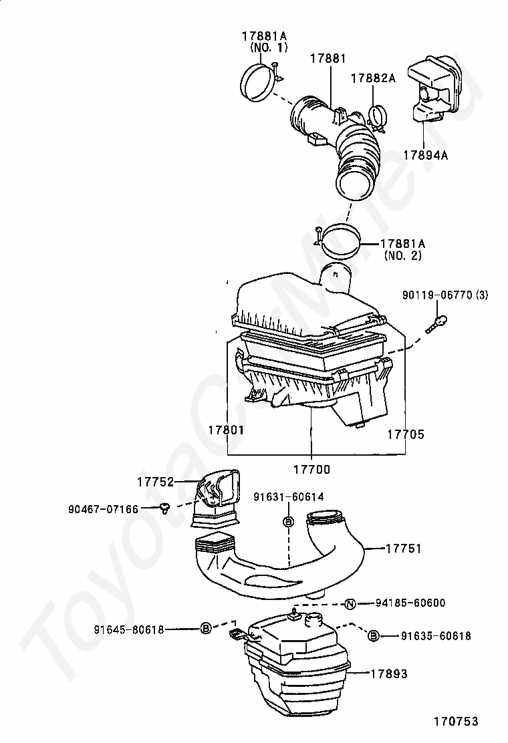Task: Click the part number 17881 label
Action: pyautogui.click(x=328, y=59)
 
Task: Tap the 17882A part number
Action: pyautogui.click(x=374, y=78)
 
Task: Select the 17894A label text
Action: pyautogui.click(x=425, y=155)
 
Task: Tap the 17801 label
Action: pyautogui.click(x=225, y=431)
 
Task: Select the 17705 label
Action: pyautogui.click(x=406, y=434)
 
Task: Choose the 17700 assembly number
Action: pyautogui.click(x=311, y=470)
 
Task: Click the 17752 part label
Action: pyautogui.click(x=156, y=482)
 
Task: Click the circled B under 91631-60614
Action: pyautogui.click(x=288, y=521)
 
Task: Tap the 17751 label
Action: pyautogui.click(x=403, y=548)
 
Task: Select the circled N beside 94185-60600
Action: pyautogui.click(x=350, y=605)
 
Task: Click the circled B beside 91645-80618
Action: pyautogui.click(x=207, y=628)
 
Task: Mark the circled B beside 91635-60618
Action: pyautogui.click(x=374, y=635)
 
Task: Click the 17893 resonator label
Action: pyautogui.click(x=389, y=674)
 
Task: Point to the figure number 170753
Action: pyautogui.click(x=455, y=722)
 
